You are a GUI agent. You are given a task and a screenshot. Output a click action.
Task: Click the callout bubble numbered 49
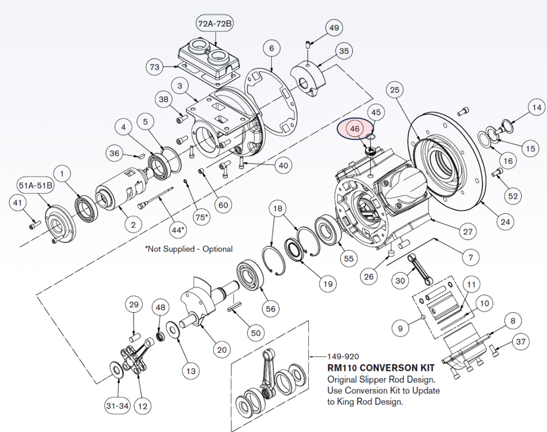click(334, 28)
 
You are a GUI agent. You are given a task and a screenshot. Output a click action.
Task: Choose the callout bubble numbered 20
click(221, 349)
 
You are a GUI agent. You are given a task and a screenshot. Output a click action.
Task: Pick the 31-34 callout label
click(117, 406)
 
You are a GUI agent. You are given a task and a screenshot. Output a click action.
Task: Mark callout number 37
click(521, 342)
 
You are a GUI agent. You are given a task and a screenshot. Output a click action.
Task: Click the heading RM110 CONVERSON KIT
click(380, 367)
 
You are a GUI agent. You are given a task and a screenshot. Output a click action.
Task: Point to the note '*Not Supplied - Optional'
click(189, 249)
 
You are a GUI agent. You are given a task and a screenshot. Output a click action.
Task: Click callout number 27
click(468, 232)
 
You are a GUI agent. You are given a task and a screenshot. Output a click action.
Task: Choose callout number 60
click(223, 206)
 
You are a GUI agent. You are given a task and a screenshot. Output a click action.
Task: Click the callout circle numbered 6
click(271, 49)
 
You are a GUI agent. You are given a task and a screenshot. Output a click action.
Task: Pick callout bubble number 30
click(401, 281)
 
